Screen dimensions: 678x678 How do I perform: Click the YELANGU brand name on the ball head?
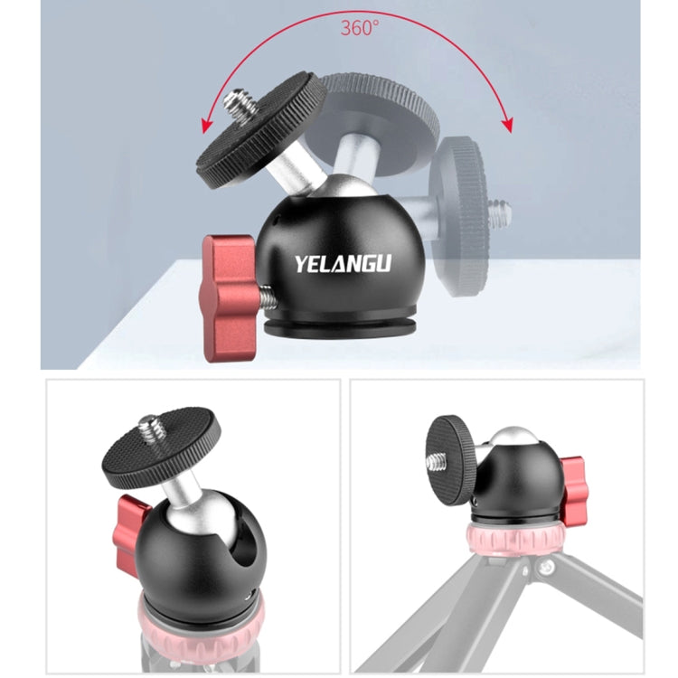(343, 264)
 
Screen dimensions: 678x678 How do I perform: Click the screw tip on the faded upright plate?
(501, 214)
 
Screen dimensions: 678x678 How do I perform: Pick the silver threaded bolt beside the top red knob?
(267, 297)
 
